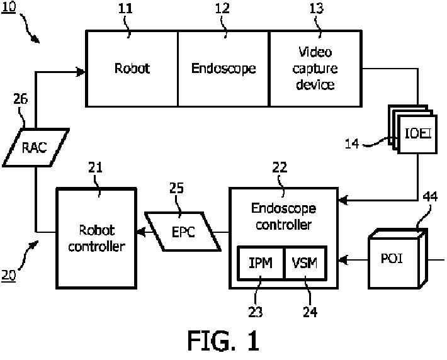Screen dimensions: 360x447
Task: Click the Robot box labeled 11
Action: point(132,68)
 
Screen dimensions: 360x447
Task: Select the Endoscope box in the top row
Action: point(224,68)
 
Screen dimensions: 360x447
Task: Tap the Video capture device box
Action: point(315,68)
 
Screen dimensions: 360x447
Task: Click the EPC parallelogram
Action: point(183,231)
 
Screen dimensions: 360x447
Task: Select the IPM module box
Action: point(261,262)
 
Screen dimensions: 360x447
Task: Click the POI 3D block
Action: point(395,260)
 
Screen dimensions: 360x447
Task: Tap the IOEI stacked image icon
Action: point(412,132)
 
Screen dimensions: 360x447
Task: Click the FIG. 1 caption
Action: point(223,340)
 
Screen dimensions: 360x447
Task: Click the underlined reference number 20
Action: point(9,276)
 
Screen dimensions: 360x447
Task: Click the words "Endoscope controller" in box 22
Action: point(283,215)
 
